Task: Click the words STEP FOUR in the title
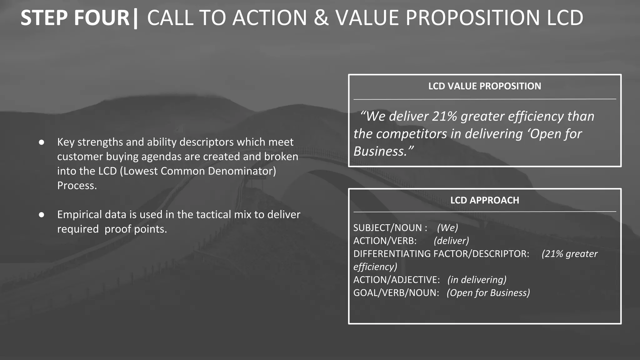(75, 18)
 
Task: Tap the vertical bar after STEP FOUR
(135, 19)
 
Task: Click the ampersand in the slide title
(321, 18)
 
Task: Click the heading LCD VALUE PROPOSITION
(484, 86)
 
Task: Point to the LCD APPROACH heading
(484, 200)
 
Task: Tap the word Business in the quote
(380, 152)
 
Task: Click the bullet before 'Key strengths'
(42, 142)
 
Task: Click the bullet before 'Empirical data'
(42, 215)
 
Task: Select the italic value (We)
(447, 228)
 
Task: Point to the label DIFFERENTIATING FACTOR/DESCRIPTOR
(441, 254)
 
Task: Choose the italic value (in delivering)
(477, 280)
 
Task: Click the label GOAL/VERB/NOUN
(396, 293)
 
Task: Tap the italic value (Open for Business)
(488, 293)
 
